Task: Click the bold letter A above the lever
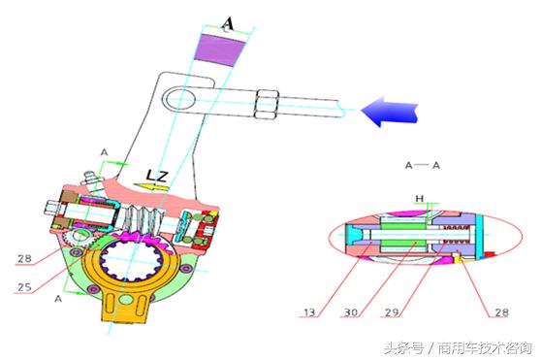(228, 21)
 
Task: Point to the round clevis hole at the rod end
(182, 97)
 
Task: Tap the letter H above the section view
(420, 198)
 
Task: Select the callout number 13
(310, 312)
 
